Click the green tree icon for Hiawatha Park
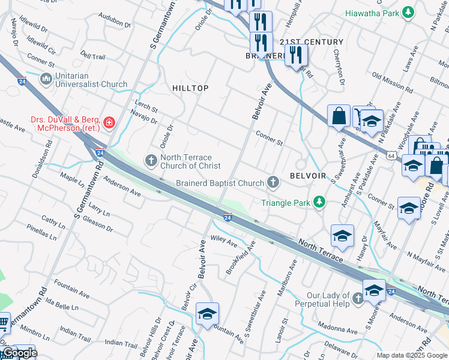pyautogui.click(x=408, y=12)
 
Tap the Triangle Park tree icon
pyautogui.click(x=319, y=202)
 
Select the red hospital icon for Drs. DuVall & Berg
pyautogui.click(x=109, y=124)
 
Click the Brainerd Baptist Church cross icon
pyautogui.click(x=273, y=182)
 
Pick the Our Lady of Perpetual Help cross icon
pyautogui.click(x=358, y=298)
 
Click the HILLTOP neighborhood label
pyautogui.click(x=190, y=88)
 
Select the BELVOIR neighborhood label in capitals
pyautogui.click(x=307, y=176)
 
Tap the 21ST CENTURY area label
pyautogui.click(x=311, y=42)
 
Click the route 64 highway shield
pyautogui.click(x=391, y=156)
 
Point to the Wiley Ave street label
pyautogui.click(x=224, y=241)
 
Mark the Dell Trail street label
pyautogui.click(x=92, y=56)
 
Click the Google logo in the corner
pyautogui.click(x=19, y=353)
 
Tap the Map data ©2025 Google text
pyautogui.click(x=412, y=355)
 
